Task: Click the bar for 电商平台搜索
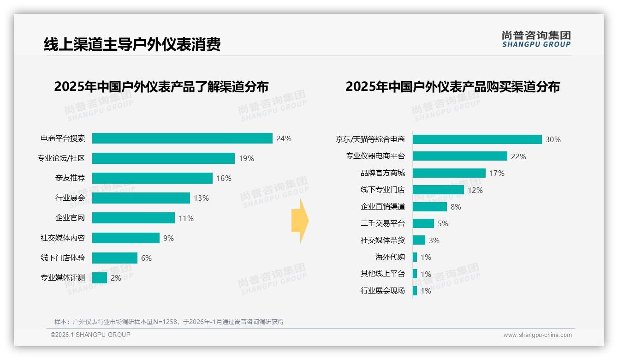tap(182, 138)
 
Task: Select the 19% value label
tap(246, 158)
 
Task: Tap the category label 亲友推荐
tap(70, 178)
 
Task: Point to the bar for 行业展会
tap(141, 198)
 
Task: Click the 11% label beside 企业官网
tap(186, 218)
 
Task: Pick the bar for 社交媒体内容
tap(126, 238)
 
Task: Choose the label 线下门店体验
tap(63, 258)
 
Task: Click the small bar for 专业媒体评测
tap(100, 278)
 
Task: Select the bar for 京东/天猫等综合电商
tap(477, 139)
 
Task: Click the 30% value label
tap(553, 139)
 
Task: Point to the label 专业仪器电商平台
tap(375, 156)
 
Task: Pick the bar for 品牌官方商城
tap(449, 173)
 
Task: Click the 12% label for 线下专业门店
tap(475, 190)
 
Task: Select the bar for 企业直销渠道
tap(429, 207)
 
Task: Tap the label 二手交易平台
tap(382, 223)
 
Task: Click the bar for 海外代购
tap(415, 257)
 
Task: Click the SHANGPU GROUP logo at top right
tap(536, 39)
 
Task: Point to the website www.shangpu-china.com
tap(537, 335)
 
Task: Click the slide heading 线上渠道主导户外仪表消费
tap(132, 44)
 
